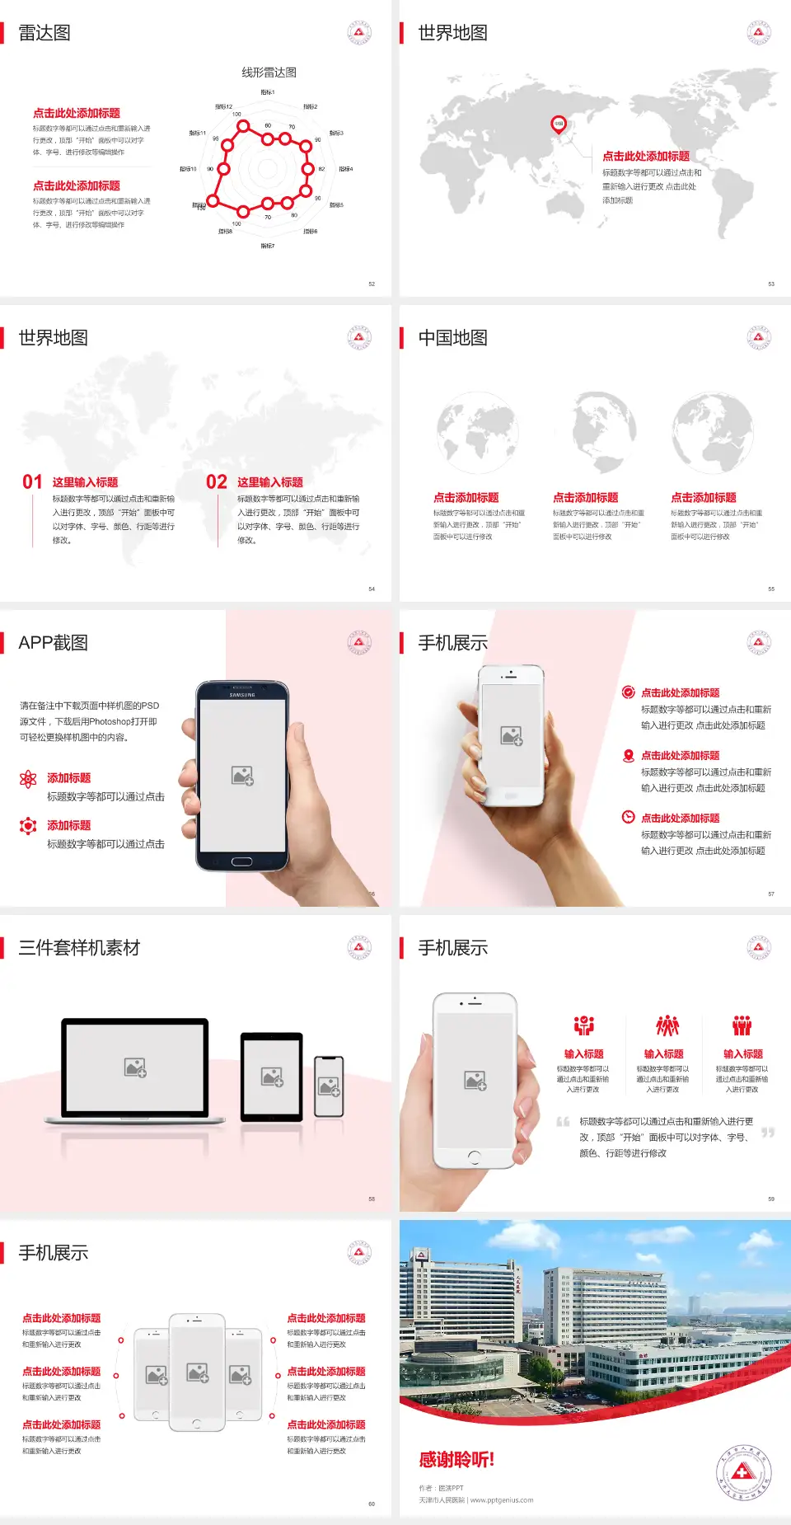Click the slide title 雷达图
click(x=44, y=33)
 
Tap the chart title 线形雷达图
click(x=269, y=73)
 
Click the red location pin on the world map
click(x=559, y=124)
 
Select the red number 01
click(x=32, y=482)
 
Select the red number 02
click(x=217, y=482)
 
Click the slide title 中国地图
click(x=452, y=338)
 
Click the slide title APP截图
click(x=53, y=643)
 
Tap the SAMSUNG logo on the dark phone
click(x=242, y=695)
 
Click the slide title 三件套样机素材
click(x=79, y=948)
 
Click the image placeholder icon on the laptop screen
click(x=135, y=1067)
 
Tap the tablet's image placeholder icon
click(x=272, y=1077)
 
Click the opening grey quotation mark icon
click(x=563, y=1122)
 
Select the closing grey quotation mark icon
click(x=768, y=1133)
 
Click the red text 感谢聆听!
click(x=456, y=1460)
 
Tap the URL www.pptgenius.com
click(x=502, y=1500)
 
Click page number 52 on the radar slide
click(x=372, y=284)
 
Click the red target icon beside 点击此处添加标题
click(x=628, y=692)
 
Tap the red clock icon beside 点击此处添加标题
click(x=628, y=817)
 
